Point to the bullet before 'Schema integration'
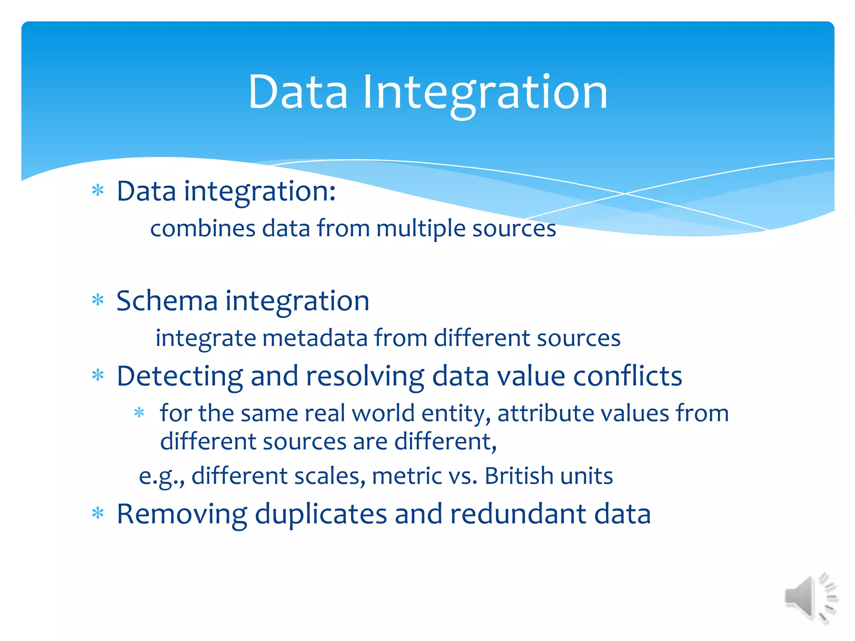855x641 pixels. coord(98,300)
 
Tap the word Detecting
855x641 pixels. coord(180,376)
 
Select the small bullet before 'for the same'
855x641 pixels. coord(139,413)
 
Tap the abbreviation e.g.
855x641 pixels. coord(161,477)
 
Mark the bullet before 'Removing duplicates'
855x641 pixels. coord(98,513)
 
